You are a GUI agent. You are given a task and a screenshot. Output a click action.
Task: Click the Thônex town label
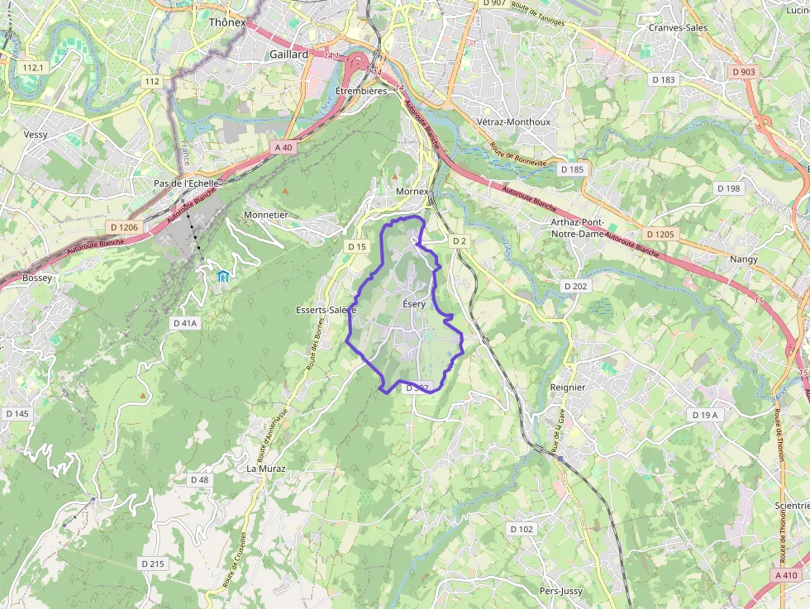(x=227, y=22)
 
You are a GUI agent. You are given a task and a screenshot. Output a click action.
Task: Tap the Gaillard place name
(x=288, y=55)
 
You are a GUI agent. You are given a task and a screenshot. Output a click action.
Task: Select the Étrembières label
(x=361, y=91)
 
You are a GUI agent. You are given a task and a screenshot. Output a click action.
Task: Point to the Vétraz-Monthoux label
(x=513, y=121)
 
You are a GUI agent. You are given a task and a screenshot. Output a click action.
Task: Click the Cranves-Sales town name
(x=678, y=27)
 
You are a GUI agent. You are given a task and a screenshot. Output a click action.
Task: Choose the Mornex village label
(x=412, y=192)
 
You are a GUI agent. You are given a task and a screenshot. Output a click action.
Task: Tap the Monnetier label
(x=265, y=215)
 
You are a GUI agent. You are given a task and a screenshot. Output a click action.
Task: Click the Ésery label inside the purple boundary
(x=413, y=304)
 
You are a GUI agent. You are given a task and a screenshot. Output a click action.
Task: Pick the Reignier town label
(x=567, y=388)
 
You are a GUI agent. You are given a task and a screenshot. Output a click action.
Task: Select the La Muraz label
(x=266, y=469)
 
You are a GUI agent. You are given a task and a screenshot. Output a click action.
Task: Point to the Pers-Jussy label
(x=560, y=592)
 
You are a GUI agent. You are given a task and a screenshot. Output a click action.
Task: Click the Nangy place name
(x=743, y=259)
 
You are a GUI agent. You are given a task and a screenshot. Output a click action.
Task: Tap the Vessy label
(x=36, y=135)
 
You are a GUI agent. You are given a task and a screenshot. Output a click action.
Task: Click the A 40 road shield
(x=283, y=147)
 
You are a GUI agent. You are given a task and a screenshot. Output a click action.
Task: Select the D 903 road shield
(x=744, y=72)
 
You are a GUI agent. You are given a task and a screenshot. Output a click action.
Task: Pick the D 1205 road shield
(x=660, y=235)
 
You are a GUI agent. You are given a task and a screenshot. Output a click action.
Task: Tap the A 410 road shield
(x=787, y=575)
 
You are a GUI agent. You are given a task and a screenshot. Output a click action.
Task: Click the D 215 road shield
(x=153, y=564)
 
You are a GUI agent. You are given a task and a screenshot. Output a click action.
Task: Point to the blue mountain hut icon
(x=222, y=276)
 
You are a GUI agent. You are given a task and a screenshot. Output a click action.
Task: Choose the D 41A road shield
(x=185, y=322)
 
